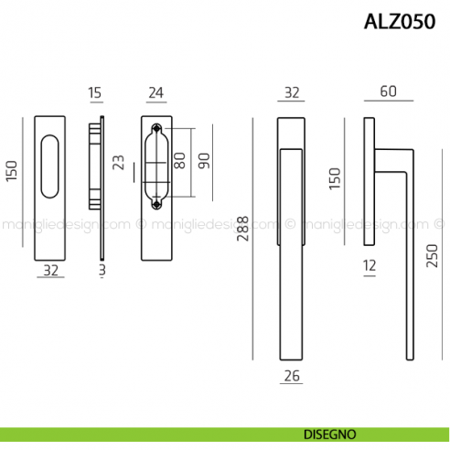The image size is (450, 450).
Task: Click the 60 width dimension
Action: coord(389,91)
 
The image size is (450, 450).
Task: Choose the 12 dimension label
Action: coord(369,266)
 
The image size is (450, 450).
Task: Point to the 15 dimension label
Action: coord(95,91)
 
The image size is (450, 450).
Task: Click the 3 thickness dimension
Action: coord(102,270)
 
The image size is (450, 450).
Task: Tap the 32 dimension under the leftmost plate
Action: coord(51,270)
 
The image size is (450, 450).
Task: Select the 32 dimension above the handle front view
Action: coord(292,91)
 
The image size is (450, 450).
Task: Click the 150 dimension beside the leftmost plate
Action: coord(12,171)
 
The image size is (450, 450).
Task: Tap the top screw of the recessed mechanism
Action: coord(155,128)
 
